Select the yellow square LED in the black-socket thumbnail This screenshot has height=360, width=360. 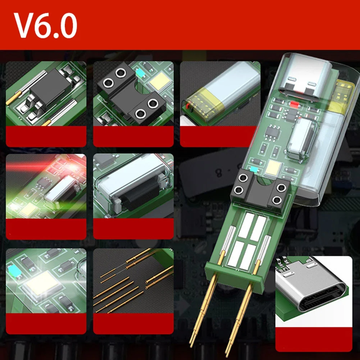(160, 81)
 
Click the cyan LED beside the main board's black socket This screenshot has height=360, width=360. (254, 169)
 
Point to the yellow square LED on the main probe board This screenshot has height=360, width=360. (273, 167)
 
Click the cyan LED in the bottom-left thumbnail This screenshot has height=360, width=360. (15, 271)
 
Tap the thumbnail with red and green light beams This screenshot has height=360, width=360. (46, 186)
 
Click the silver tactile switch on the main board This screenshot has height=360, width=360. (302, 139)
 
